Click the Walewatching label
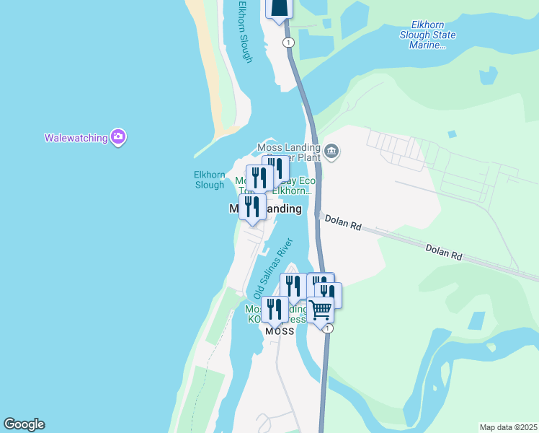tap(75, 137)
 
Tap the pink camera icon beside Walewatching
tap(118, 136)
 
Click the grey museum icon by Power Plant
tap(331, 151)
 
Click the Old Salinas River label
tap(270, 270)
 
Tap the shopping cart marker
tap(320, 310)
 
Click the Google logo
tap(24, 424)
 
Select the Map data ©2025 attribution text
tap(508, 427)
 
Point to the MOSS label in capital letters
tap(280, 331)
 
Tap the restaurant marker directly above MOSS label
tap(275, 309)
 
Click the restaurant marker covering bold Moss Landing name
tap(252, 206)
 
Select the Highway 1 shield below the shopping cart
tap(329, 328)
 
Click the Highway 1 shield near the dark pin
tap(289, 43)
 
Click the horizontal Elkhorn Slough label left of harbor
tap(209, 180)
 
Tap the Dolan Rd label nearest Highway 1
tap(342, 222)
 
